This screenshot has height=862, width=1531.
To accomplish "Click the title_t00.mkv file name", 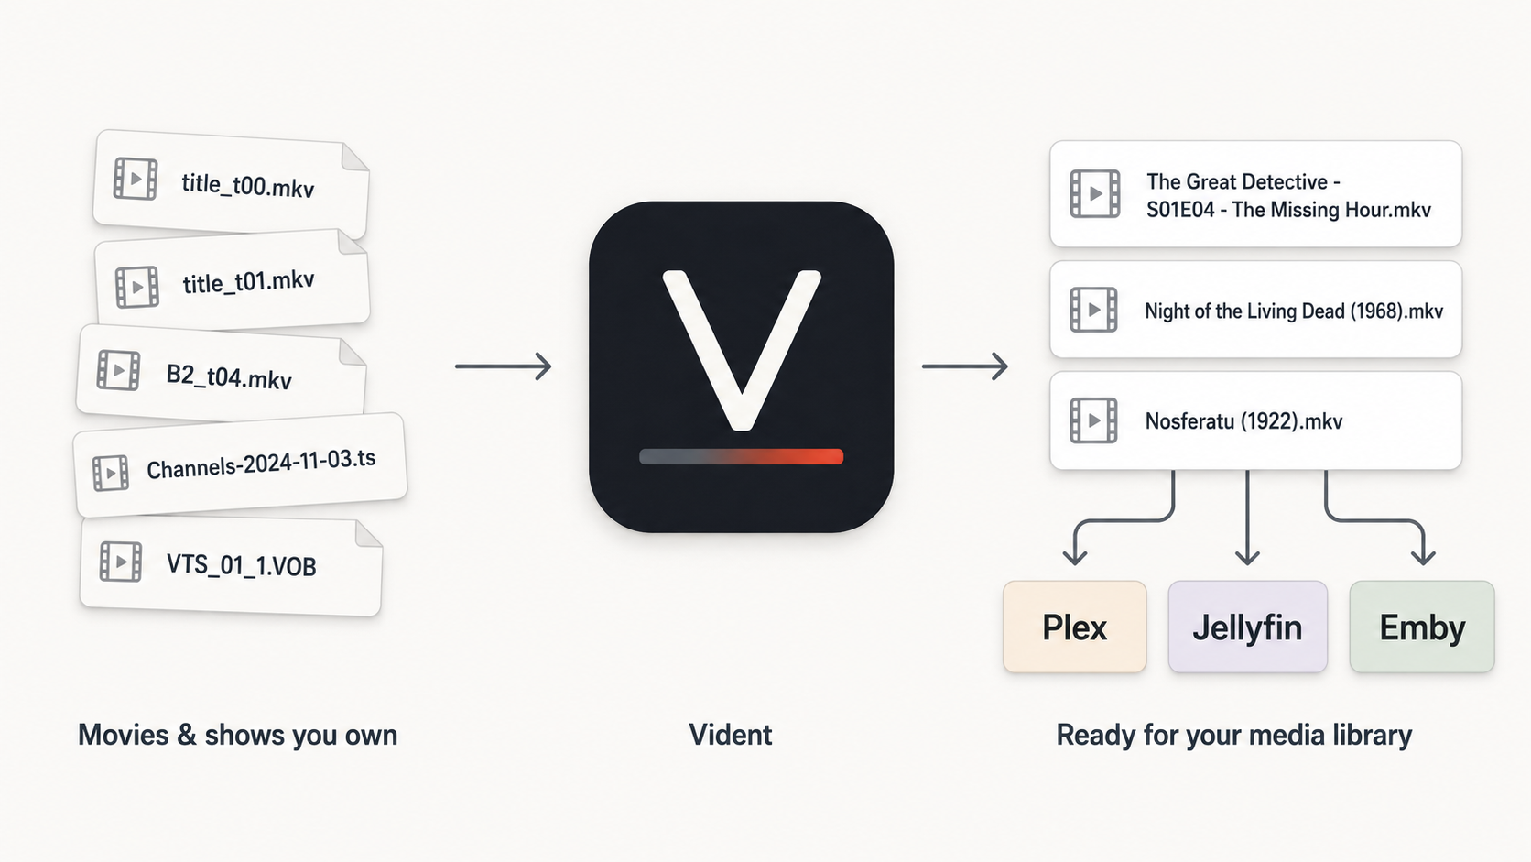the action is point(247,184).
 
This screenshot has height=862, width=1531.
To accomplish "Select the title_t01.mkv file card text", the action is point(248,281).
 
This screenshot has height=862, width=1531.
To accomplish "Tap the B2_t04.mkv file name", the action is point(229,376).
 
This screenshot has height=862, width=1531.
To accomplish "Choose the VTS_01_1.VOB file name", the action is point(241,565).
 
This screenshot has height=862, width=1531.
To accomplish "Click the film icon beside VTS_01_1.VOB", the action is point(121,562).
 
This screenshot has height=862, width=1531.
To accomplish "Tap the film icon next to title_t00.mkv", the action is point(136,179).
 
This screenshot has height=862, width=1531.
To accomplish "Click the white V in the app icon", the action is point(742,350).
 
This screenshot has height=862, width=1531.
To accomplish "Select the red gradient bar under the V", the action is point(741,456).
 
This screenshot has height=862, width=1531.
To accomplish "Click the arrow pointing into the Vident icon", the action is point(503,366).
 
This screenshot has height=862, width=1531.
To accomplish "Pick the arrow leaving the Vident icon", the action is point(964,366).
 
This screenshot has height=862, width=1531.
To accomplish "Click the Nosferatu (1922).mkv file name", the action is point(1243,421).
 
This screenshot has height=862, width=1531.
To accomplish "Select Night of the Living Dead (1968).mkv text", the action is point(1294,311).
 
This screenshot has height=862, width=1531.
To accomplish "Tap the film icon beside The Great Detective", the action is point(1095,194).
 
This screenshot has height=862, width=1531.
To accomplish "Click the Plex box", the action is point(1074,627).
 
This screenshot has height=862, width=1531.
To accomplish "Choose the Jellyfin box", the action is point(1247,627).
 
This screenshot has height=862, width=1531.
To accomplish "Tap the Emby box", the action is point(1422,627).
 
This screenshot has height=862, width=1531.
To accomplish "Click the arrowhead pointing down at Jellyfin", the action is point(1247,557).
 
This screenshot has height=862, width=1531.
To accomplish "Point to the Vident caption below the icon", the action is point(731,735).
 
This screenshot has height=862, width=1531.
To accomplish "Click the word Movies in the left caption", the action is point(123,735).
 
